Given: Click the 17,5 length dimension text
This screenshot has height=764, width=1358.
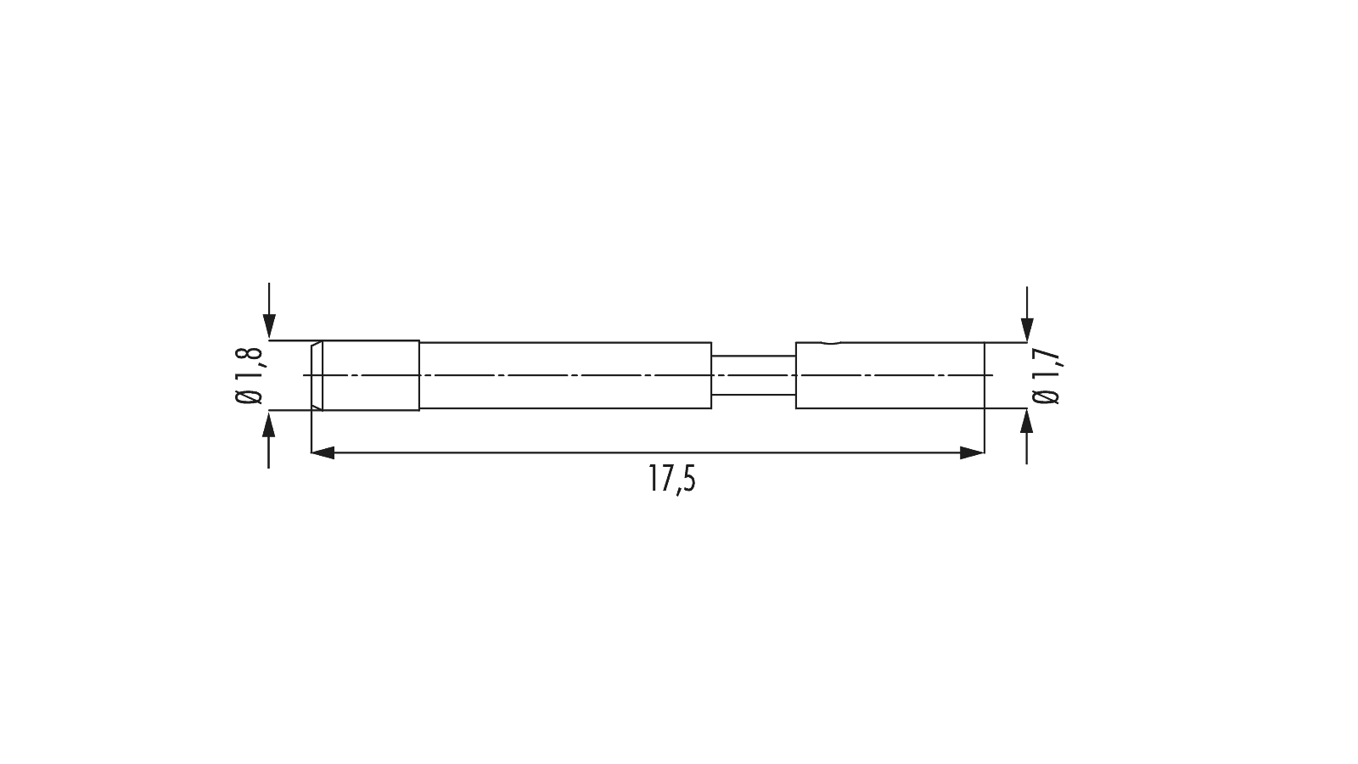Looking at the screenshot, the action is pyautogui.click(x=672, y=479).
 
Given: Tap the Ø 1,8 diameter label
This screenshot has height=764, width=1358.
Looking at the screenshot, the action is pyautogui.click(x=250, y=375).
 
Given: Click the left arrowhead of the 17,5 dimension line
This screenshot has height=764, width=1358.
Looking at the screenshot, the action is pyautogui.click(x=323, y=453).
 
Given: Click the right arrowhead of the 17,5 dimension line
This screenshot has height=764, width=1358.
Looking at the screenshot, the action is pyautogui.click(x=972, y=453).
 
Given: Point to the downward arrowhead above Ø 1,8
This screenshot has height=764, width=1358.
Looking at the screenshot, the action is pyautogui.click(x=269, y=326).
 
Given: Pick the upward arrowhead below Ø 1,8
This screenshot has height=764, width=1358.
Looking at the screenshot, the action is pyautogui.click(x=269, y=424).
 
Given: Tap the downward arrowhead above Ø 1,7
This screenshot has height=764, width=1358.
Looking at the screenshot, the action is pyautogui.click(x=1026, y=329).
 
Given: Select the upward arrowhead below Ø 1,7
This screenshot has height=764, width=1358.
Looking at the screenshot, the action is pyautogui.click(x=1026, y=421).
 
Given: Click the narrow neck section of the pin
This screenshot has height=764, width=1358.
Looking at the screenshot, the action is pyautogui.click(x=754, y=375).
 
